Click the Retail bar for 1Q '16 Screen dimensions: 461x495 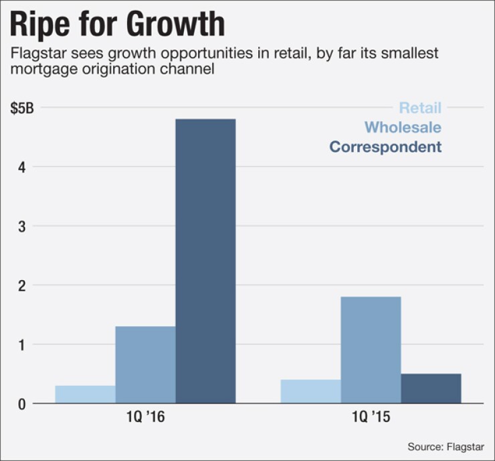click(x=85, y=395)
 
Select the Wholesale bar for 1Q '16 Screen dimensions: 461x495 click(x=145, y=365)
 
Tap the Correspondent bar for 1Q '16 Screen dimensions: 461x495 click(x=205, y=261)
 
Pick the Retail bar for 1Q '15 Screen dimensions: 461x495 click(x=310, y=391)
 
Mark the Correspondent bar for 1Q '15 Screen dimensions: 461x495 click(x=431, y=389)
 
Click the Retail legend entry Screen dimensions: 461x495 click(x=420, y=107)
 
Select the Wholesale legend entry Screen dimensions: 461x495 click(x=403, y=127)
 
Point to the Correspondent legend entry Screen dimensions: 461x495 click(x=385, y=147)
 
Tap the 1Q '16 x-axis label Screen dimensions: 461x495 click(x=145, y=420)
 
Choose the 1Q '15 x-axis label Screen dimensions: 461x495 click(x=371, y=420)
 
